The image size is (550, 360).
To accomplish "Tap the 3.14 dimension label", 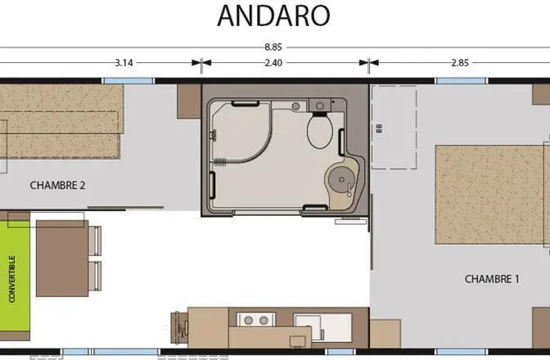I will (x=124, y=62).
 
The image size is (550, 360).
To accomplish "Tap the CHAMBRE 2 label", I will (x=58, y=185).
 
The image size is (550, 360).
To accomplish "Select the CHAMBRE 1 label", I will (x=492, y=279).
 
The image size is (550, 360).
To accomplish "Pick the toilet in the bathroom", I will (x=319, y=130).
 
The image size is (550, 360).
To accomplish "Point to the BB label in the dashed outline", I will (x=379, y=128).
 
